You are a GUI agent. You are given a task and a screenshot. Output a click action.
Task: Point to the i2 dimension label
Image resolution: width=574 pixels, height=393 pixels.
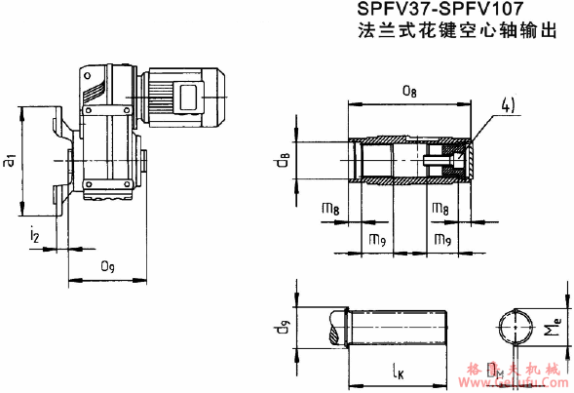(x=35, y=233)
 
